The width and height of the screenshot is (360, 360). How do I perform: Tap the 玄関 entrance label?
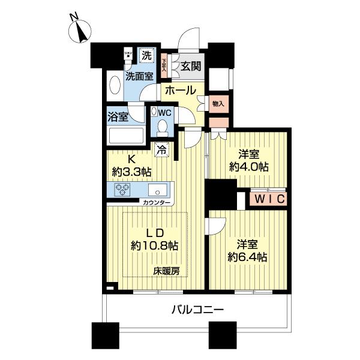pyautogui.click(x=193, y=65)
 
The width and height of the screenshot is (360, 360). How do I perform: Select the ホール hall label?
pyautogui.click(x=179, y=91)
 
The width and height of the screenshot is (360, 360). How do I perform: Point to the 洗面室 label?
pyautogui.click(x=139, y=76)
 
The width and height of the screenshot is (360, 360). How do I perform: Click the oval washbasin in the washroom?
pyautogui.click(x=114, y=85)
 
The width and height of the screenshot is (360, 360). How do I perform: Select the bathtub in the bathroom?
pyautogui.click(x=125, y=137)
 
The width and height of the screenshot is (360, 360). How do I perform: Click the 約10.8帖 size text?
pyautogui.click(x=155, y=245)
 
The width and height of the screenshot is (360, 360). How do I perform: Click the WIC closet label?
pyautogui.click(x=268, y=199)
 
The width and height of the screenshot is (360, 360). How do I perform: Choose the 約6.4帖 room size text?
pyautogui.click(x=247, y=257)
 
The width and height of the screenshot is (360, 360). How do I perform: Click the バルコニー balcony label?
pyautogui.click(x=199, y=310)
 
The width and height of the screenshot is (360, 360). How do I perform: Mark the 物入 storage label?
pyautogui.click(x=218, y=104)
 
